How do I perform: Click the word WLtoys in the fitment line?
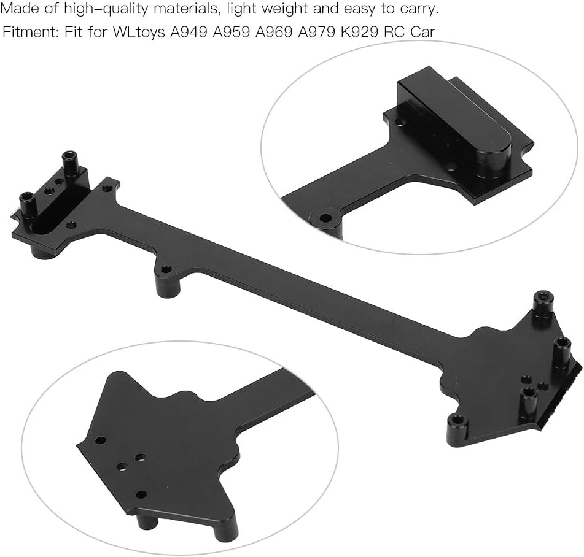(139, 33)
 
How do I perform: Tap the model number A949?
(189, 32)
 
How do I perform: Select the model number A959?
(232, 32)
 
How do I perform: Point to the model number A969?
(274, 32)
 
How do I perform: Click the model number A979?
(317, 32)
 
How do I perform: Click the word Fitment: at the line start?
(29, 32)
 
